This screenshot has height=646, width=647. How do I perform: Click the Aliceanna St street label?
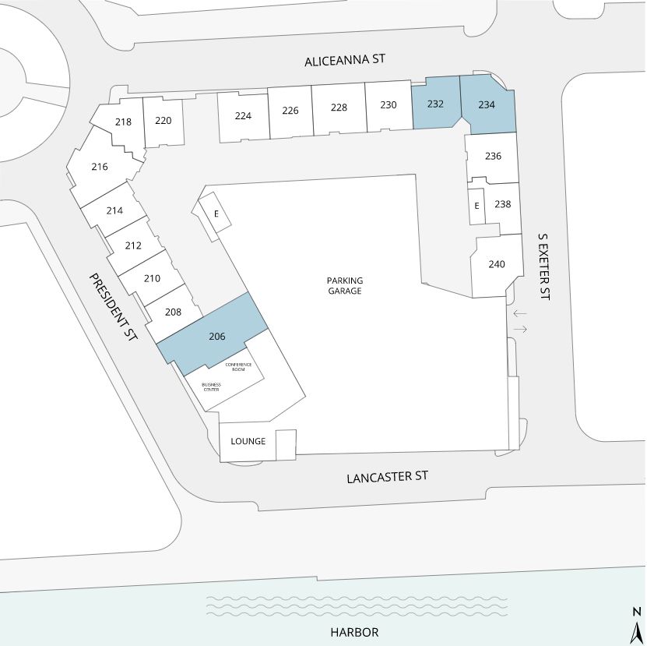(x=345, y=60)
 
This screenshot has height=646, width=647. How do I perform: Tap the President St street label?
(x=113, y=307)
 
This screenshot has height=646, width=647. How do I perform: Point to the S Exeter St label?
(x=544, y=267)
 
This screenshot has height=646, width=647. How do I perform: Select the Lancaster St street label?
(x=387, y=477)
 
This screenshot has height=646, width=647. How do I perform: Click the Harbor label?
(x=354, y=632)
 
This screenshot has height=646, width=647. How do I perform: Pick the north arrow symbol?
(x=638, y=624)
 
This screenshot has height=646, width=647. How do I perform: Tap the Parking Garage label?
(x=345, y=285)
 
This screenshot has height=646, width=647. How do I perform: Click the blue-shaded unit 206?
(x=213, y=334)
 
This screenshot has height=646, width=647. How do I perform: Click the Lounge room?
(x=248, y=442)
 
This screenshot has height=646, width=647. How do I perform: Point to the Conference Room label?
(x=238, y=367)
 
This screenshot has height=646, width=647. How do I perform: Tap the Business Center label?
(x=211, y=387)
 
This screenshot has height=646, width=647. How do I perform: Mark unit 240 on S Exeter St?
(x=497, y=265)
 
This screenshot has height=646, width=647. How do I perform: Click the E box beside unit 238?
(x=476, y=207)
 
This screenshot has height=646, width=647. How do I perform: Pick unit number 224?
(x=243, y=116)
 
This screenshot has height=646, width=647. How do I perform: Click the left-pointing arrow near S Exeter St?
(x=520, y=313)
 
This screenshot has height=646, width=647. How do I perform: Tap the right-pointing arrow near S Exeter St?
(x=520, y=329)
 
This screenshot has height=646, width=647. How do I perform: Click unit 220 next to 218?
(x=164, y=122)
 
